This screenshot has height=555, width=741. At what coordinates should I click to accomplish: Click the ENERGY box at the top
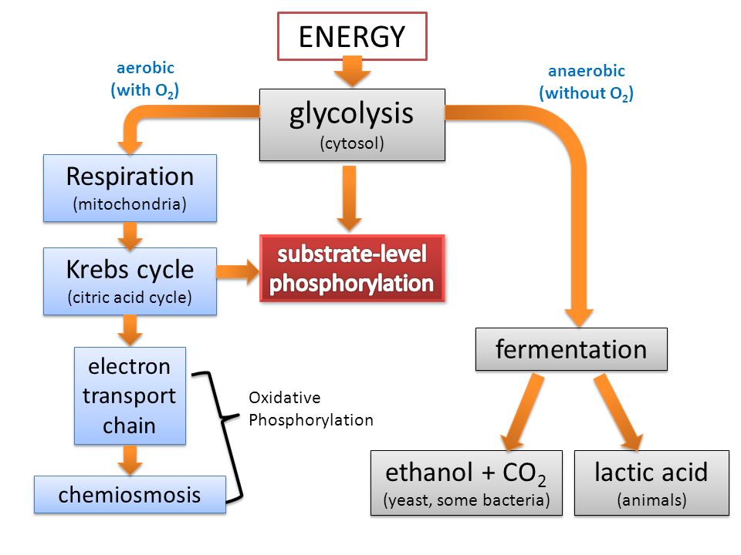(352, 36)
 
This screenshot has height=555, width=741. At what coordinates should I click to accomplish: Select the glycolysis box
(352, 125)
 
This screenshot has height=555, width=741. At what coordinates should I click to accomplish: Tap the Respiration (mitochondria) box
(130, 188)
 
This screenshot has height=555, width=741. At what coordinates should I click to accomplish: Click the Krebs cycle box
(130, 281)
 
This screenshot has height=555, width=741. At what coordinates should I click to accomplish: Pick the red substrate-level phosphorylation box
(352, 268)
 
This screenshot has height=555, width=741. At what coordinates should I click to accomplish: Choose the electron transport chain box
(130, 396)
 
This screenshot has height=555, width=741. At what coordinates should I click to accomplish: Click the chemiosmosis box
(130, 495)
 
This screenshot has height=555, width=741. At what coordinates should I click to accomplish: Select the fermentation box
(571, 349)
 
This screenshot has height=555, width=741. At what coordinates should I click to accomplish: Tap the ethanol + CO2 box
(466, 483)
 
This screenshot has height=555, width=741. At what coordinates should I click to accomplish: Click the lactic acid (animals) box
(651, 483)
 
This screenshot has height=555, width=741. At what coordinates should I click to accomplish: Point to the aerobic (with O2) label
(145, 79)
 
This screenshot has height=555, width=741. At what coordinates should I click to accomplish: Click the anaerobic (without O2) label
(587, 82)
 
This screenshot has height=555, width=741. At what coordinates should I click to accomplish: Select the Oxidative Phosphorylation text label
(311, 409)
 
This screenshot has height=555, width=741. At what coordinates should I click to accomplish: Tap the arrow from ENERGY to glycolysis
(352, 72)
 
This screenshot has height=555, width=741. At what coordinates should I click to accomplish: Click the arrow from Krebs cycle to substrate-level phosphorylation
(238, 271)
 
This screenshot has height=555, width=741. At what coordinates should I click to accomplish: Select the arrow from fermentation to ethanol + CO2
(523, 412)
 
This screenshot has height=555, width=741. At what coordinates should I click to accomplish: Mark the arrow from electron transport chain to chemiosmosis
(130, 460)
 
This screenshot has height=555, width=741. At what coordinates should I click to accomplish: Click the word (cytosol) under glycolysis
(352, 143)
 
